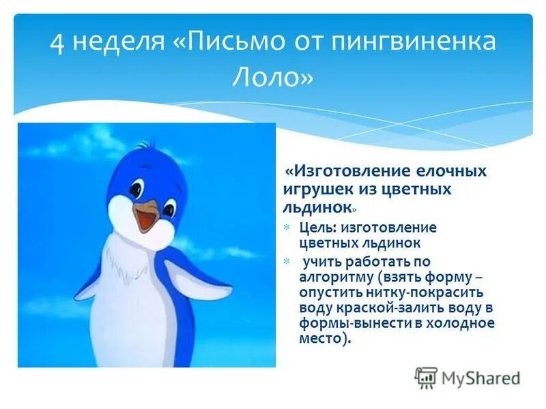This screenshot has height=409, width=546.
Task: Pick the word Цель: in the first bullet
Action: coord(317,227)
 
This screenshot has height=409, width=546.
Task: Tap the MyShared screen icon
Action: coord(426,377)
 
